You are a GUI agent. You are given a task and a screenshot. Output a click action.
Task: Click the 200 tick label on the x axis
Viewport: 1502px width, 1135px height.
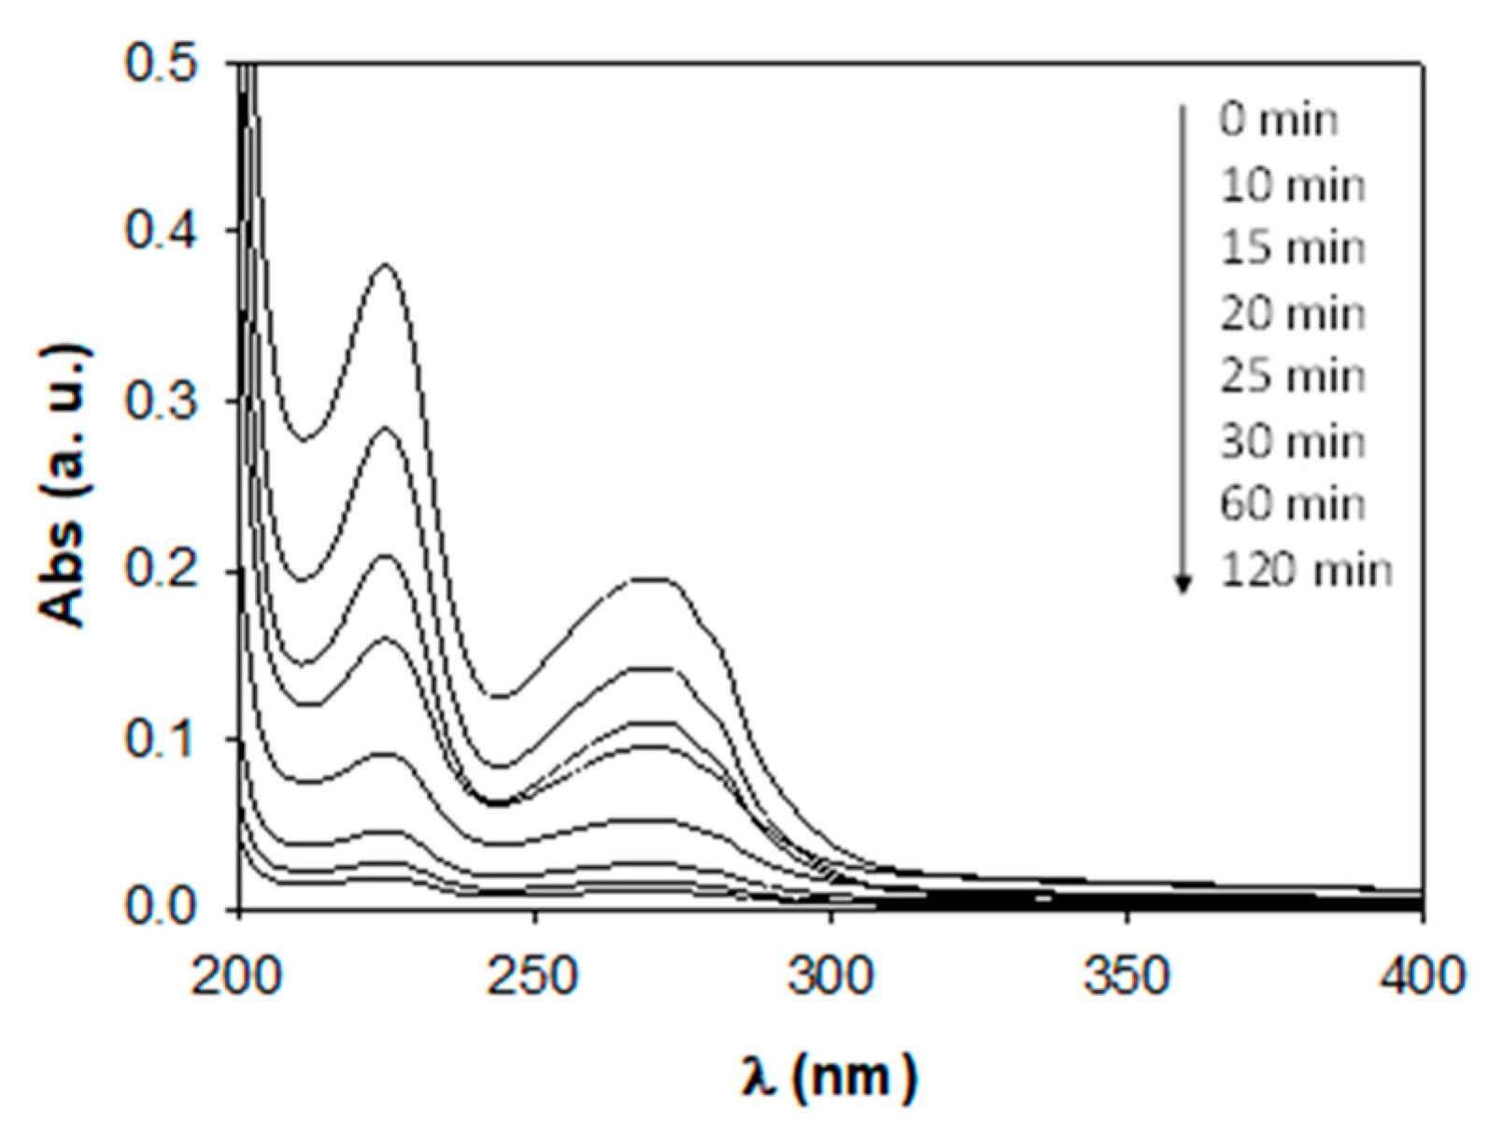pos(235,976)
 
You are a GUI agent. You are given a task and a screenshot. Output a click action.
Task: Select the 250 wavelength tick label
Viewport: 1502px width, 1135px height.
pos(533,976)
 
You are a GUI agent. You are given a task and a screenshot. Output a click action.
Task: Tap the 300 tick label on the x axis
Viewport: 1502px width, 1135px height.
pos(829,976)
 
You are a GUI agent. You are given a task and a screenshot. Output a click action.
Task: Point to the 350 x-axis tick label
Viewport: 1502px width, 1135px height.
pos(1126,976)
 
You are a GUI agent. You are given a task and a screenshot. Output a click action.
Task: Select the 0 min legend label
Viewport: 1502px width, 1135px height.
pos(1278,120)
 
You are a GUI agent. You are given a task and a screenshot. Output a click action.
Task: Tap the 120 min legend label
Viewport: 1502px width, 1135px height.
pos(1306,569)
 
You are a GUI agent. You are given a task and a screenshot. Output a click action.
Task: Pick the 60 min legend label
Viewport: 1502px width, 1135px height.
pos(1292,504)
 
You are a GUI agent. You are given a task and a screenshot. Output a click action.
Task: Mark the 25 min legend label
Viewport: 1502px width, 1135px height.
pos(1292,376)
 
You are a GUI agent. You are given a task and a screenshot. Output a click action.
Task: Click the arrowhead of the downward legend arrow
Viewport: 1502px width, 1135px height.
pos(1183,584)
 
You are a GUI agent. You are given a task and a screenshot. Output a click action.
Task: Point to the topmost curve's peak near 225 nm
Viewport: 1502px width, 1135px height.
pos(385,265)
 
